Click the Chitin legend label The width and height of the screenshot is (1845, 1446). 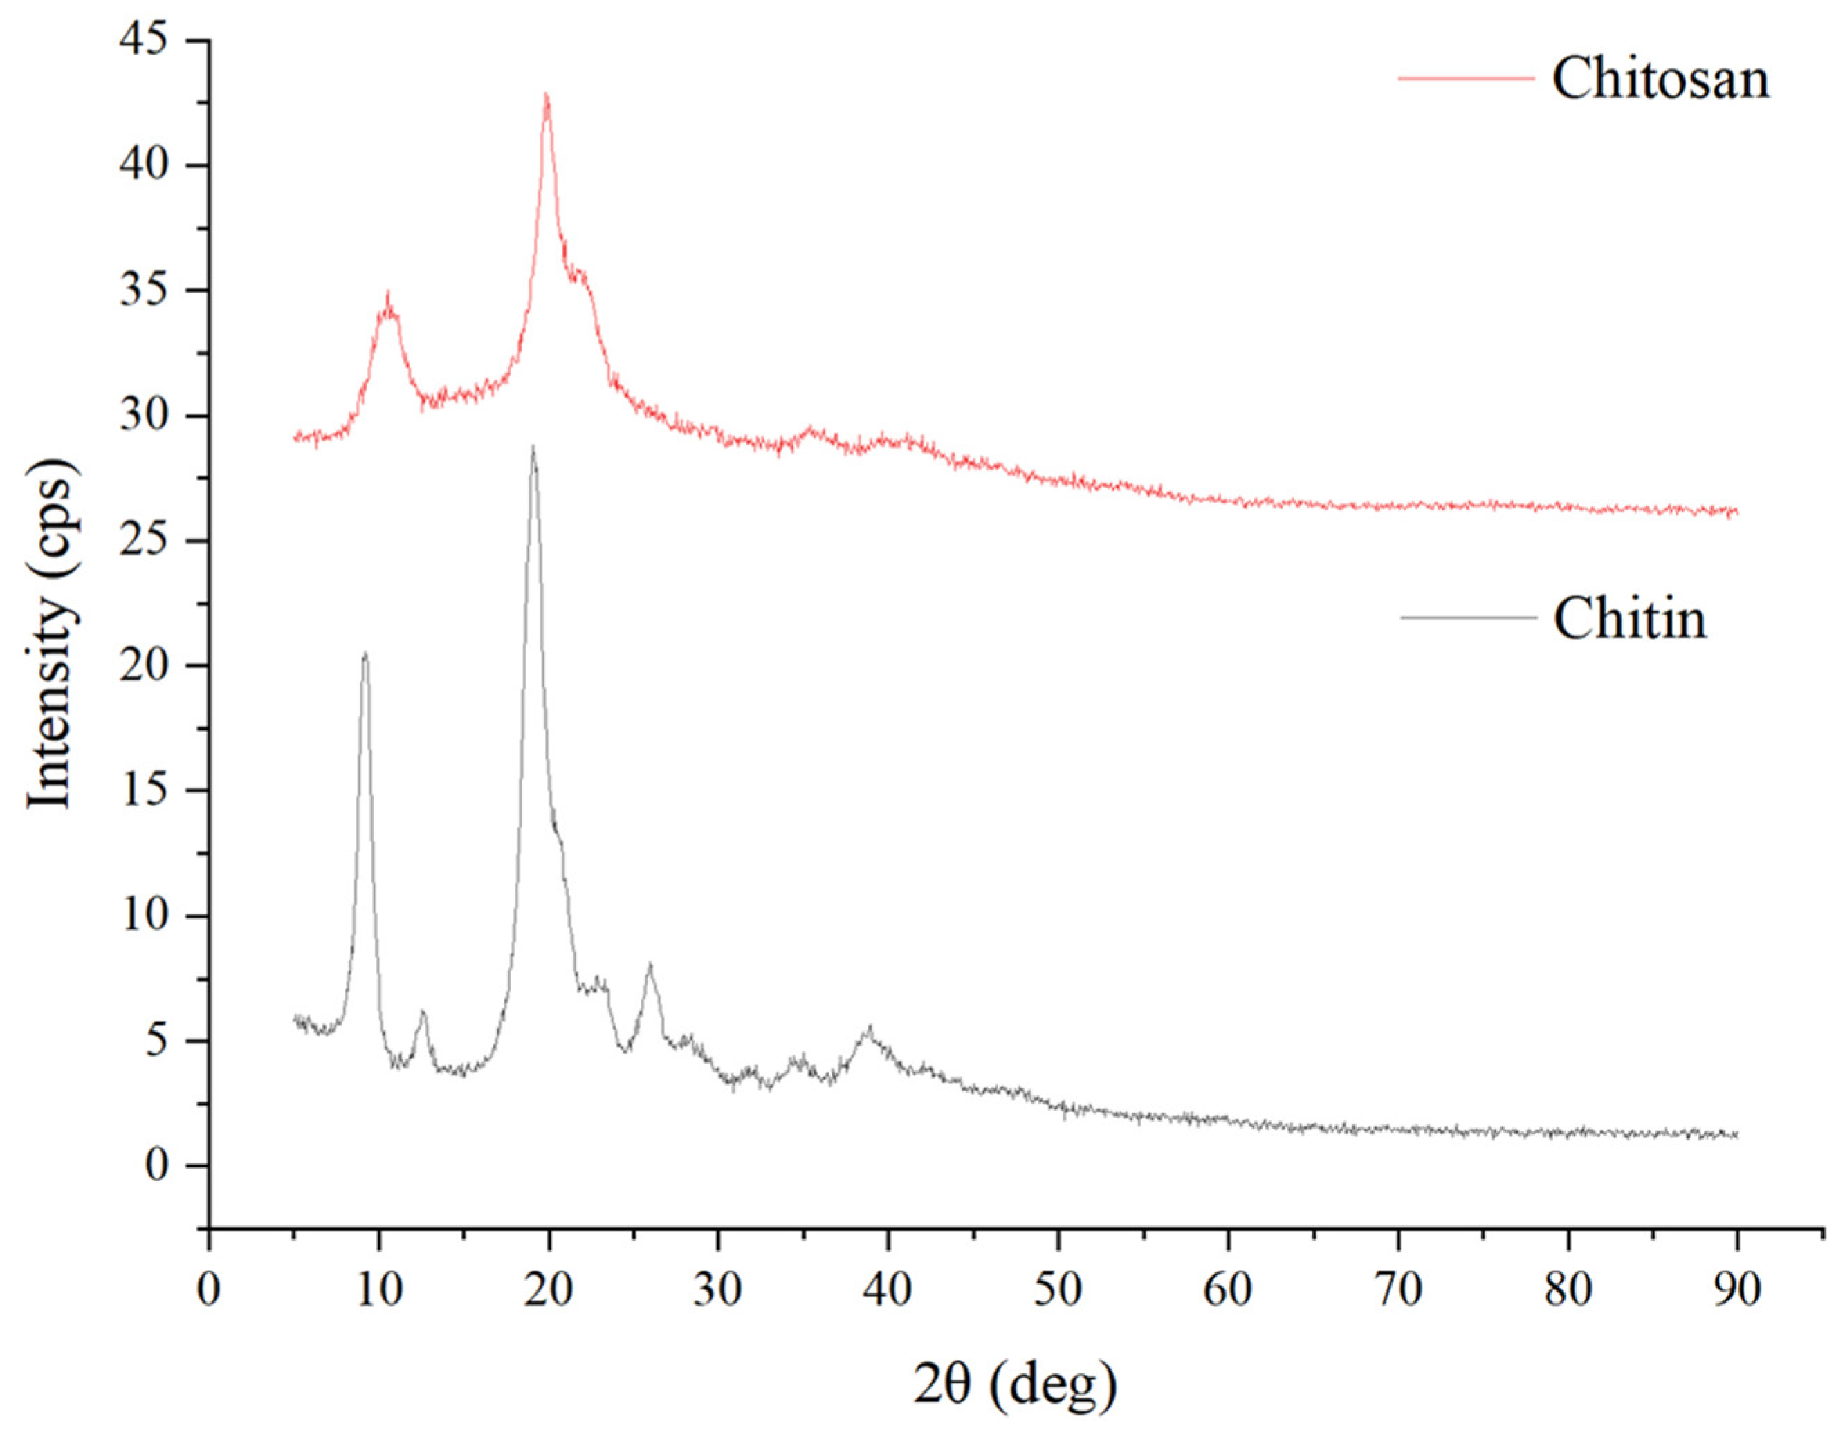(1629, 618)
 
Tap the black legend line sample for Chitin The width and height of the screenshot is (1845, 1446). (1467, 617)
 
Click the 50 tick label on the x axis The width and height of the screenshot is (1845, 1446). (1058, 1290)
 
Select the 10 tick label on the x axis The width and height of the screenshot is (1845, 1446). (378, 1290)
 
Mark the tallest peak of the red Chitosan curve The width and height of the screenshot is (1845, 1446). (546, 95)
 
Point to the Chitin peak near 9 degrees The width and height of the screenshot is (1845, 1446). (365, 654)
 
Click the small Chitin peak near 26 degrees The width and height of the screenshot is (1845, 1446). (650, 965)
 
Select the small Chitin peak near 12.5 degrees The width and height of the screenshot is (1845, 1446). (422, 1012)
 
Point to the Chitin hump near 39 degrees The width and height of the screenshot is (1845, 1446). (868, 1028)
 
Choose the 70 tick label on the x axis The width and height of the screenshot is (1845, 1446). (1398, 1290)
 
